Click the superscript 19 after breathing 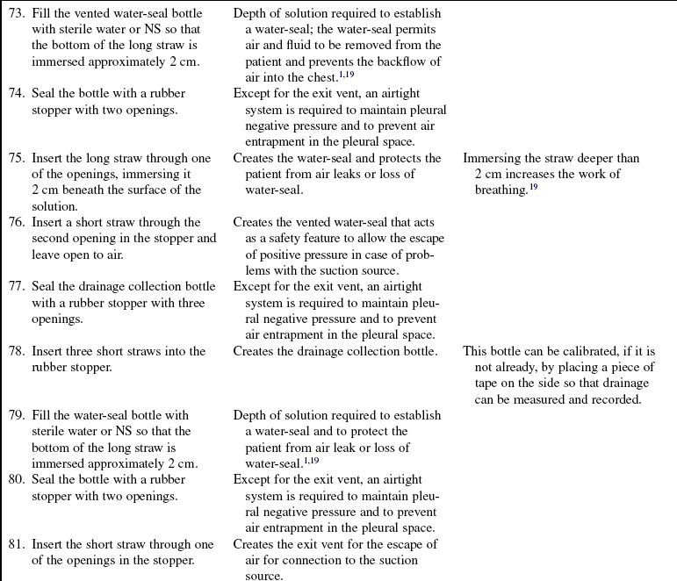(531, 187)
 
